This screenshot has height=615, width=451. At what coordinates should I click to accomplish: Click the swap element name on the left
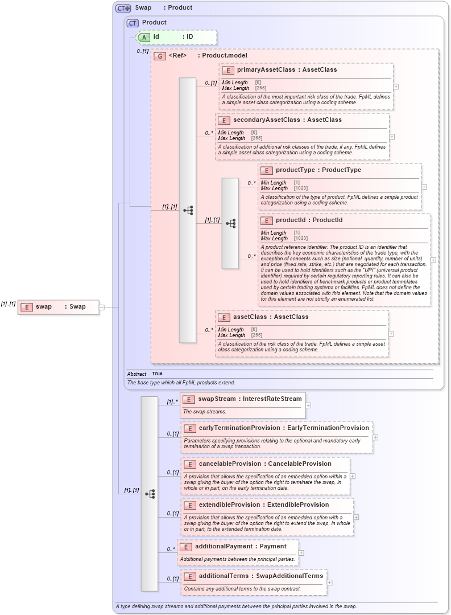44,306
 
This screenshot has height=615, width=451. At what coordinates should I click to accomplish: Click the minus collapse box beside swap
102,307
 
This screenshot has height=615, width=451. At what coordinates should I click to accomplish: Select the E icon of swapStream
189,399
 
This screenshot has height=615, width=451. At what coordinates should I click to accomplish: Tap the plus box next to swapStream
308,405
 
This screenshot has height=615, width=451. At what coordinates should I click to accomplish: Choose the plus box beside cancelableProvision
353,476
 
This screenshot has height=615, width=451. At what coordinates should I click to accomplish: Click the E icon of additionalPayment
185,547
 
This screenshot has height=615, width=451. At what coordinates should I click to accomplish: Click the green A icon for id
144,37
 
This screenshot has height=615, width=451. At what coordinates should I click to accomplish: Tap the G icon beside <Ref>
160,56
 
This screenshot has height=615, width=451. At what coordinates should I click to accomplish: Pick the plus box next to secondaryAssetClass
392,137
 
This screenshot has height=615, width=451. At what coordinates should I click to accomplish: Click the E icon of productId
267,220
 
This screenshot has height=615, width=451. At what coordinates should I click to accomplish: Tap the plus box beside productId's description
433,260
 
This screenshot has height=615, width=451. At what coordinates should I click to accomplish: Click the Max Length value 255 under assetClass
256,335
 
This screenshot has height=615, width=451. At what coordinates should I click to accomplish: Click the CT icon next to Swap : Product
123,8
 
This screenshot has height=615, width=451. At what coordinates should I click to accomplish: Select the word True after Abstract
157,374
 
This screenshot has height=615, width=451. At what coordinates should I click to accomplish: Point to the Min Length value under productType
297,183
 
